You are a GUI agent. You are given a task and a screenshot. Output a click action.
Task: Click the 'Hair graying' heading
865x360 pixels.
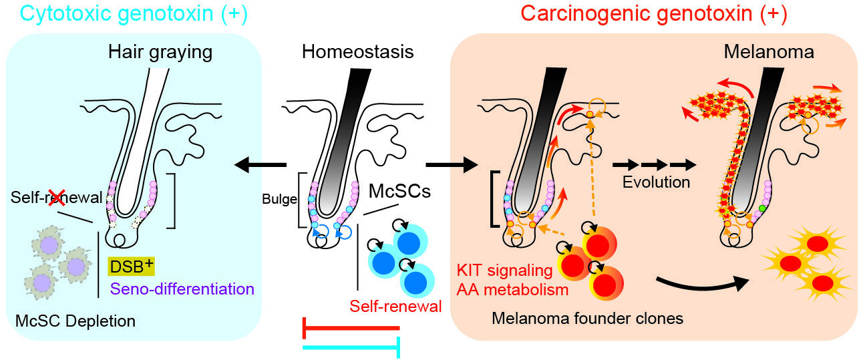tap(160, 51)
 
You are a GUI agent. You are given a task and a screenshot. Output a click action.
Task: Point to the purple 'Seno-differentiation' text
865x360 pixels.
tap(181, 289)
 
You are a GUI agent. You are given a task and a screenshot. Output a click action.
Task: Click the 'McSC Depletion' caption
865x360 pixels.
tap(75, 321)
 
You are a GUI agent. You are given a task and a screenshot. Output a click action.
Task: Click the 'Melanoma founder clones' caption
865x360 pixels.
tap(587, 319)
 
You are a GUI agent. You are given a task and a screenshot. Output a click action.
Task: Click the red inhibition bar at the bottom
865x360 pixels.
tap(351, 328)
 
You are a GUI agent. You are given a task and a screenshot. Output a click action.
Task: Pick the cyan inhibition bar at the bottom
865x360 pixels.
tap(351, 347)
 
